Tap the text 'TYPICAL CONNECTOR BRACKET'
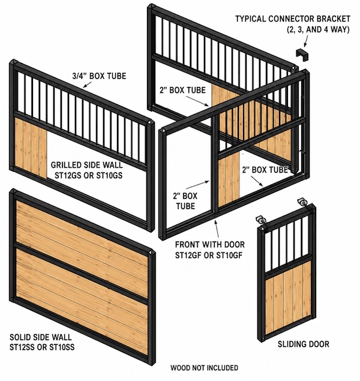[x=293, y=19]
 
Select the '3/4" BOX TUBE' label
[x=100, y=76]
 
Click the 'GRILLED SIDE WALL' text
[x=87, y=165]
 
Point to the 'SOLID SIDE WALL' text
[x=41, y=337]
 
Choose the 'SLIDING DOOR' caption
[x=304, y=344]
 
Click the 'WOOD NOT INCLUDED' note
[x=204, y=368]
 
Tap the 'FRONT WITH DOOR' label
[x=210, y=244]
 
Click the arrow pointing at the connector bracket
[x=307, y=40]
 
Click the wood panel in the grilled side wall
[x=31, y=147]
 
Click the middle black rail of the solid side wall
[x=82, y=274]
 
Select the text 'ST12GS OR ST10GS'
[x=88, y=175]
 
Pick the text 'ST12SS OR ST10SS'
[x=42, y=347]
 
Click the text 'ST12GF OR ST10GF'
[x=209, y=256]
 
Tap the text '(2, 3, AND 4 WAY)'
[x=319, y=29]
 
